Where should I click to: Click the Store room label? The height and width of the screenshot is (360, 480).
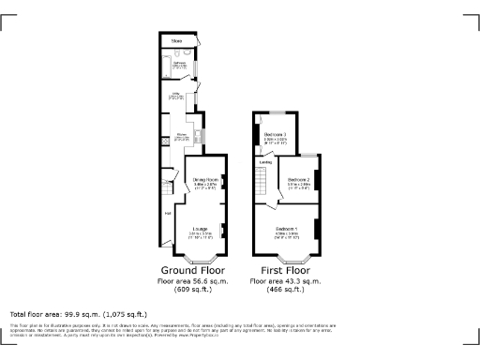(176, 40)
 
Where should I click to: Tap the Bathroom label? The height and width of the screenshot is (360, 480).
(179, 65)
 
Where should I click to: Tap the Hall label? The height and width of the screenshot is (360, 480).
(169, 212)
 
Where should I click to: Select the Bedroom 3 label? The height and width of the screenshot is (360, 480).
(276, 136)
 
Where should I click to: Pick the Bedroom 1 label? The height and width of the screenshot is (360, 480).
(287, 229)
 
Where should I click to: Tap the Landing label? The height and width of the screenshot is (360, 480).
(266, 162)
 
